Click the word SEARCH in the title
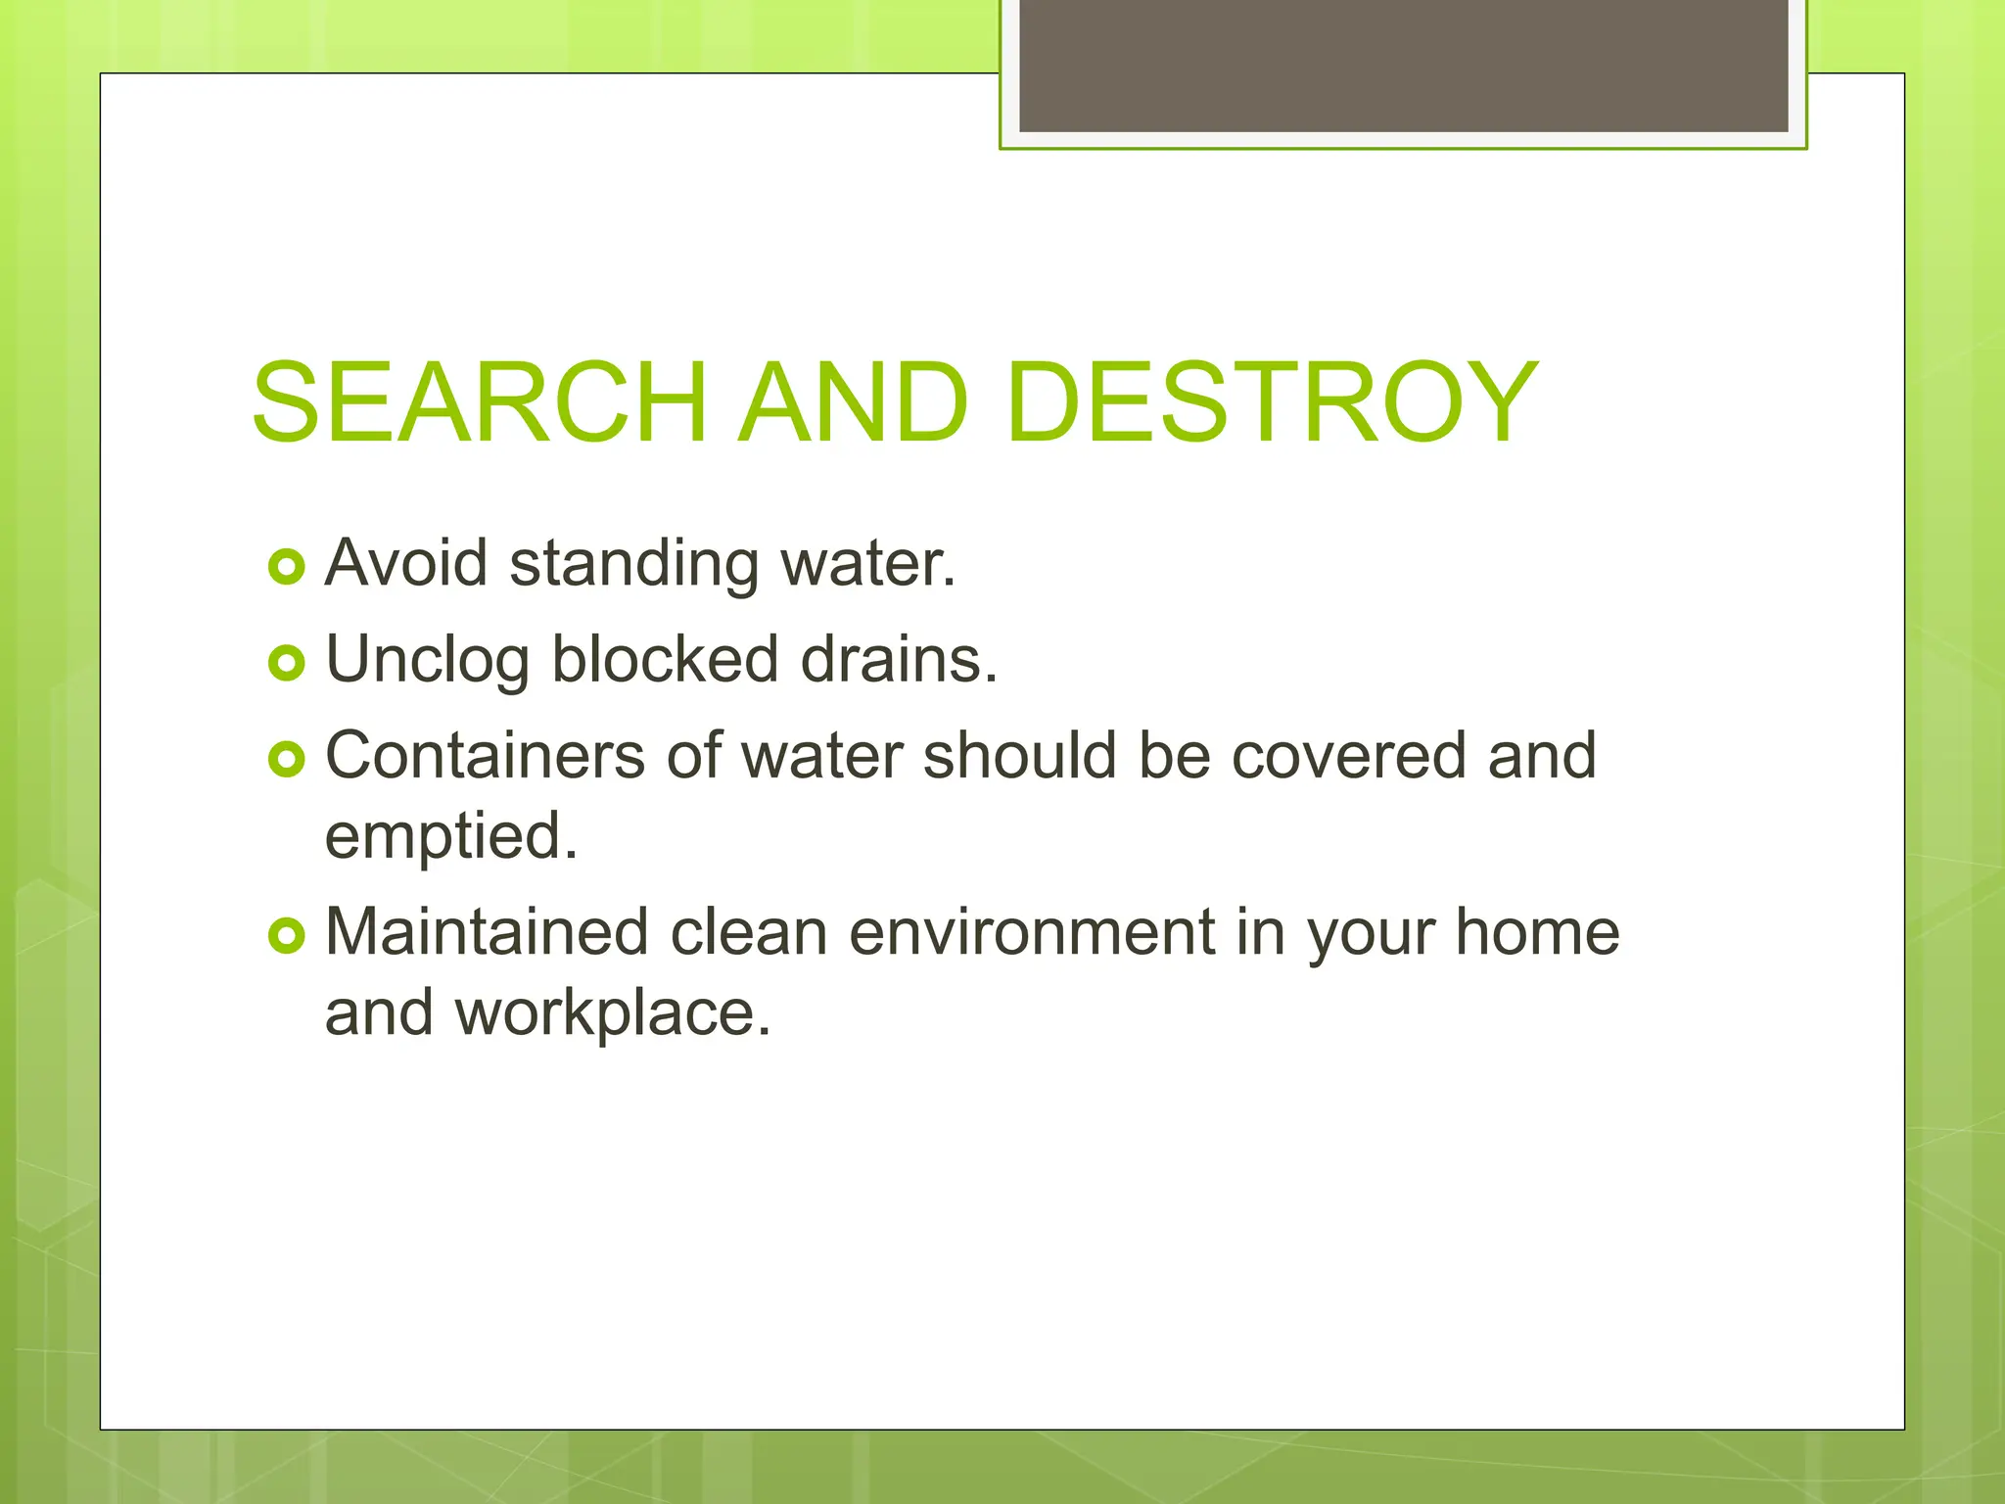tap(479, 402)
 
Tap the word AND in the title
tap(853, 402)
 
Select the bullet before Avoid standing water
tap(286, 566)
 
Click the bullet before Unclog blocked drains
tap(286, 663)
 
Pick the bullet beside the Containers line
tap(286, 759)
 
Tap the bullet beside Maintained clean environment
tap(286, 935)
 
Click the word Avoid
tap(406, 563)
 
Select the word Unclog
tap(427, 661)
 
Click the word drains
tap(898, 659)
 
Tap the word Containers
tap(485, 756)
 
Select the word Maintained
tap(487, 931)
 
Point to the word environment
tap(1032, 932)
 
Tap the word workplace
tap(613, 1013)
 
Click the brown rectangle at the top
tap(1403, 66)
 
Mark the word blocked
tap(665, 659)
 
